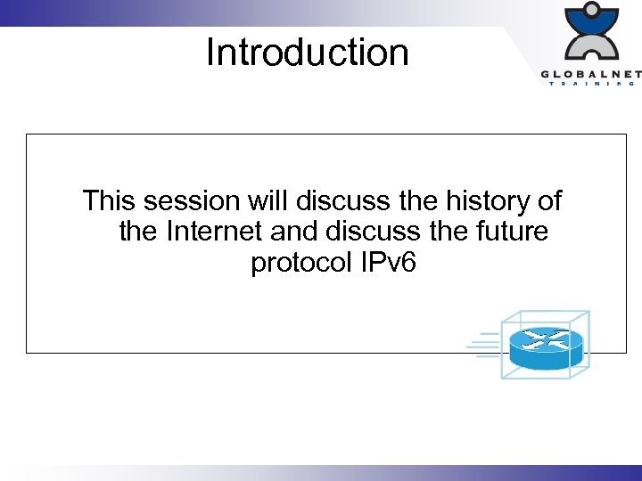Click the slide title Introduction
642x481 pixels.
(307, 53)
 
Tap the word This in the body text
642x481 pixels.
(110, 200)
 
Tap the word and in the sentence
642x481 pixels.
(294, 232)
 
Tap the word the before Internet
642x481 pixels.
(138, 232)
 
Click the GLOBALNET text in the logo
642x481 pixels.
(588, 74)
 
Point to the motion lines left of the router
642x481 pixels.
(487, 346)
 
